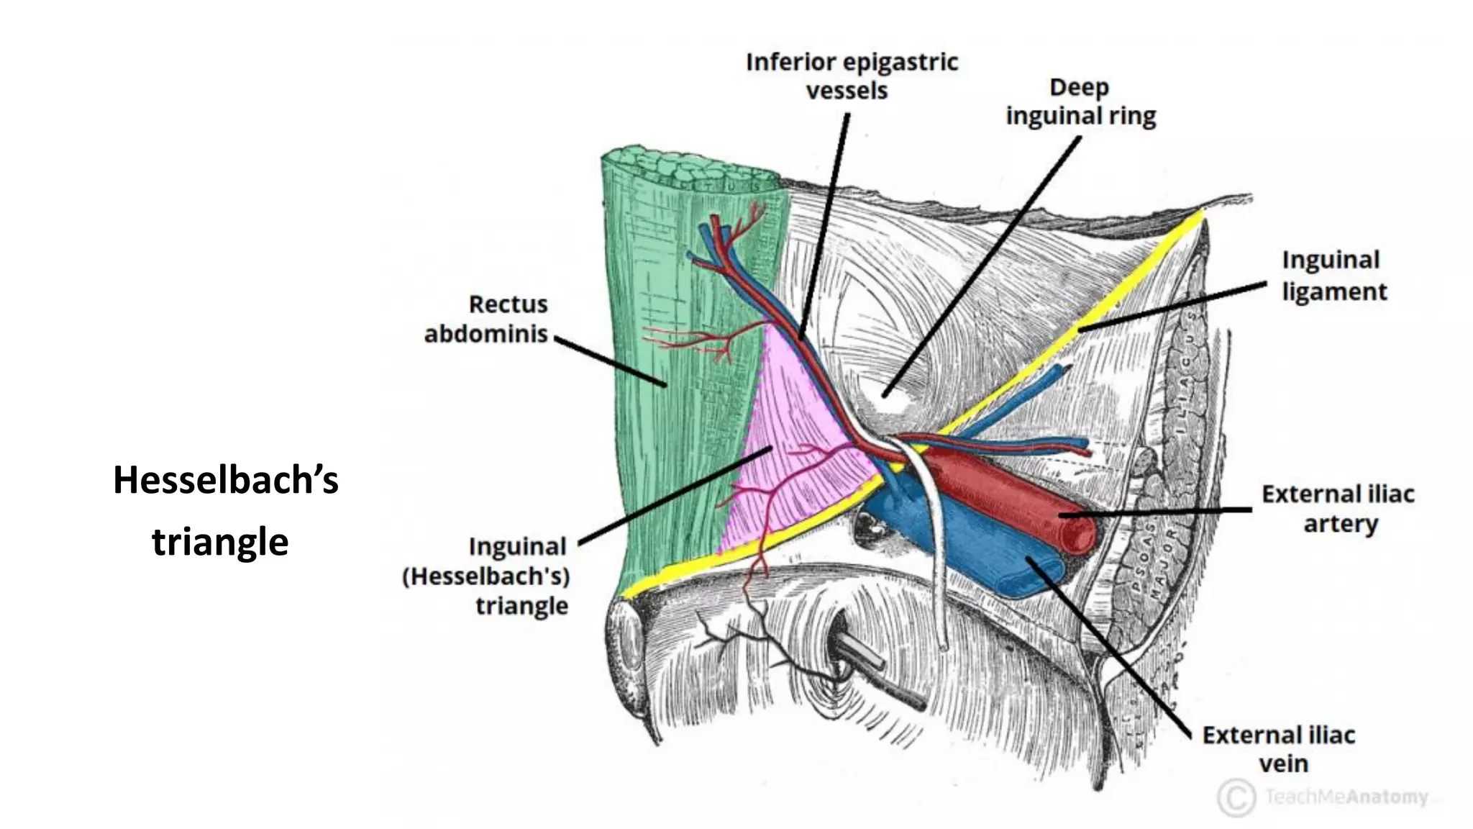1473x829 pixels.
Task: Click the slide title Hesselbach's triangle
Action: [x=225, y=510]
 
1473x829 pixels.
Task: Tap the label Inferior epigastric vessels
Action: [x=852, y=76]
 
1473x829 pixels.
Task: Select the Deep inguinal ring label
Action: [x=1080, y=101]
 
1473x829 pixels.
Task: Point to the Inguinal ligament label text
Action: [x=1333, y=276]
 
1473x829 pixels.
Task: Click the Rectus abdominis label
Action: [x=487, y=319]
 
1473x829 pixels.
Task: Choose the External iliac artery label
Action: [x=1338, y=509]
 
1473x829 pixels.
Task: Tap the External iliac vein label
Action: [x=1279, y=749]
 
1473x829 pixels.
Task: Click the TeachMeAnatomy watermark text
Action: [x=1346, y=797]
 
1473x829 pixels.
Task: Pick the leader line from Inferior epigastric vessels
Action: [x=826, y=223]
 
